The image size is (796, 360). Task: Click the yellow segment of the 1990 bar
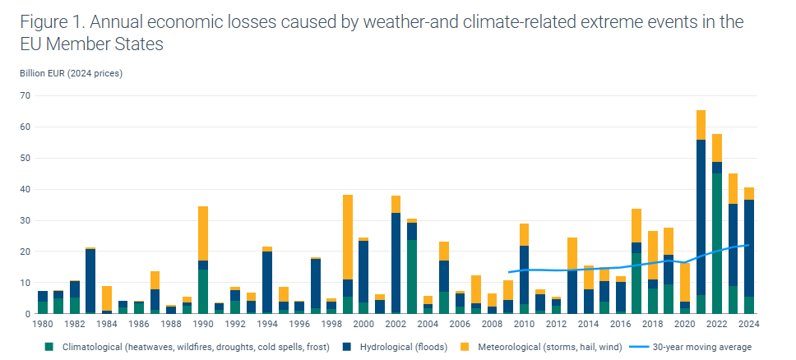203,233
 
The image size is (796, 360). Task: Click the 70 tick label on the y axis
25,96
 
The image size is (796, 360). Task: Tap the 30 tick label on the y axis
25,220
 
